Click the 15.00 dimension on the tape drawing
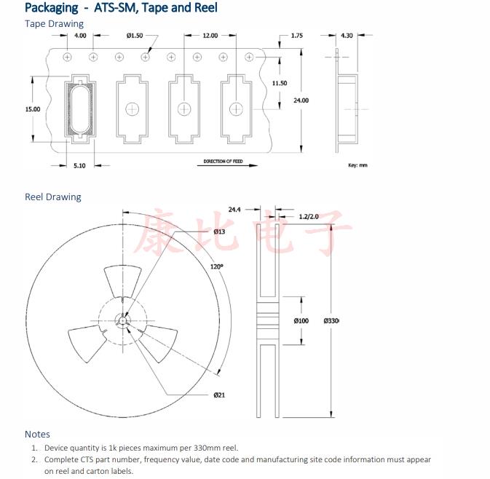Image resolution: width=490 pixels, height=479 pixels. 33,109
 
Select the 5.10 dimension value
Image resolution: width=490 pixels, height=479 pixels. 79,166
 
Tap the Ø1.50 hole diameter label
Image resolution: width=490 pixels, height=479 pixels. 135,36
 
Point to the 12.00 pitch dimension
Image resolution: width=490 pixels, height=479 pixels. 210,36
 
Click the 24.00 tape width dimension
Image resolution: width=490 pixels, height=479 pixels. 301,100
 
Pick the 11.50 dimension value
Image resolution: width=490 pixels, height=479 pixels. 279,84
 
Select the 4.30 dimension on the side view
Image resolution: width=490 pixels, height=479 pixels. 347,36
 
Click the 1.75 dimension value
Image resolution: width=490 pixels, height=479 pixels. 296,36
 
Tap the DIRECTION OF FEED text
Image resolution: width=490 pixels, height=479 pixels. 223,161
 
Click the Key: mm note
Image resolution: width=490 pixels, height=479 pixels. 357,165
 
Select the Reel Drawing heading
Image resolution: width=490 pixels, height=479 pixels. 53,197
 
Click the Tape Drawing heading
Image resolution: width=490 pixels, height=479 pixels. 54,24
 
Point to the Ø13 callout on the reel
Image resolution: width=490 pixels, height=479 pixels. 219,231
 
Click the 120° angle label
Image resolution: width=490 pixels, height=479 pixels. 217,266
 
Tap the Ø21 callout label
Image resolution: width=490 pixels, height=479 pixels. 218,395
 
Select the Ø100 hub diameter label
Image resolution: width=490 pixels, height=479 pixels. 301,320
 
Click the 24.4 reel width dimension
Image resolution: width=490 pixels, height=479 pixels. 234,210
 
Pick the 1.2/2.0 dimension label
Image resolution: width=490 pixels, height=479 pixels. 309,217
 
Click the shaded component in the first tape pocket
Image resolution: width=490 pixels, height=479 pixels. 79,109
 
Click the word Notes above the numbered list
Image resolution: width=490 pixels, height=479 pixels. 37,435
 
